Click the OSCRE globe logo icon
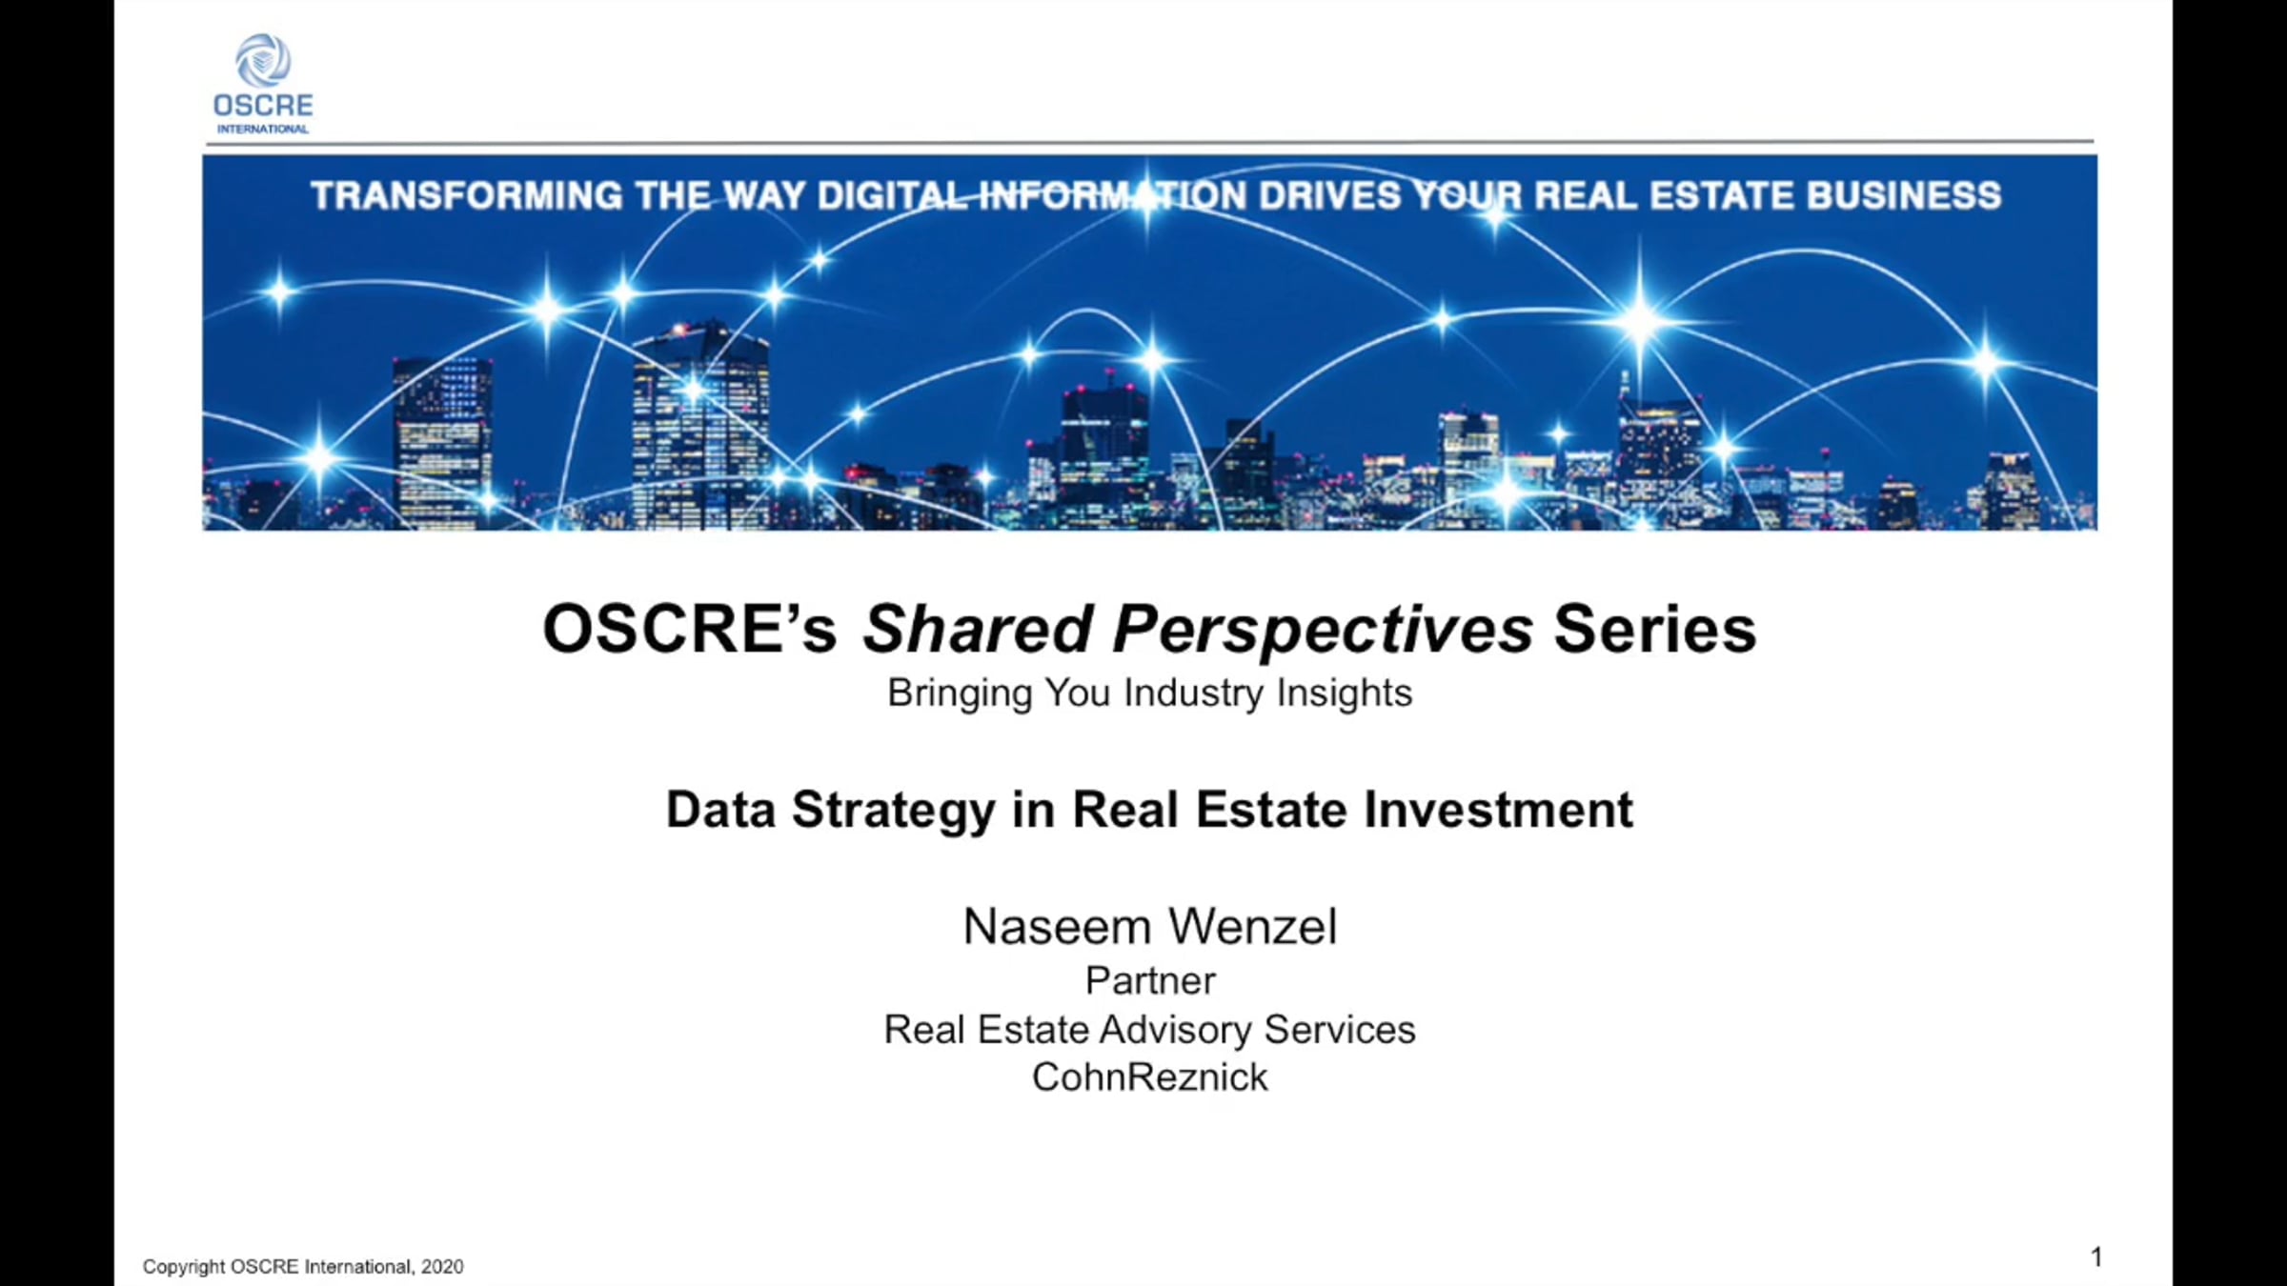click(263, 60)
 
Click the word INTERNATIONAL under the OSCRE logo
click(263, 129)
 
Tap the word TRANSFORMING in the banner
click(467, 196)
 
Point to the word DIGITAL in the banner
click(892, 196)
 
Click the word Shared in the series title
click(977, 630)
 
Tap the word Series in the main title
click(1655, 630)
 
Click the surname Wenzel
click(1253, 926)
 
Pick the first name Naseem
click(1057, 927)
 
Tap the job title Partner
click(1150, 981)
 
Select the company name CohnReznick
click(1150, 1077)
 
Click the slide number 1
click(2096, 1257)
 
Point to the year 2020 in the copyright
click(442, 1267)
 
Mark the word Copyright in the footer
click(184, 1268)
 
